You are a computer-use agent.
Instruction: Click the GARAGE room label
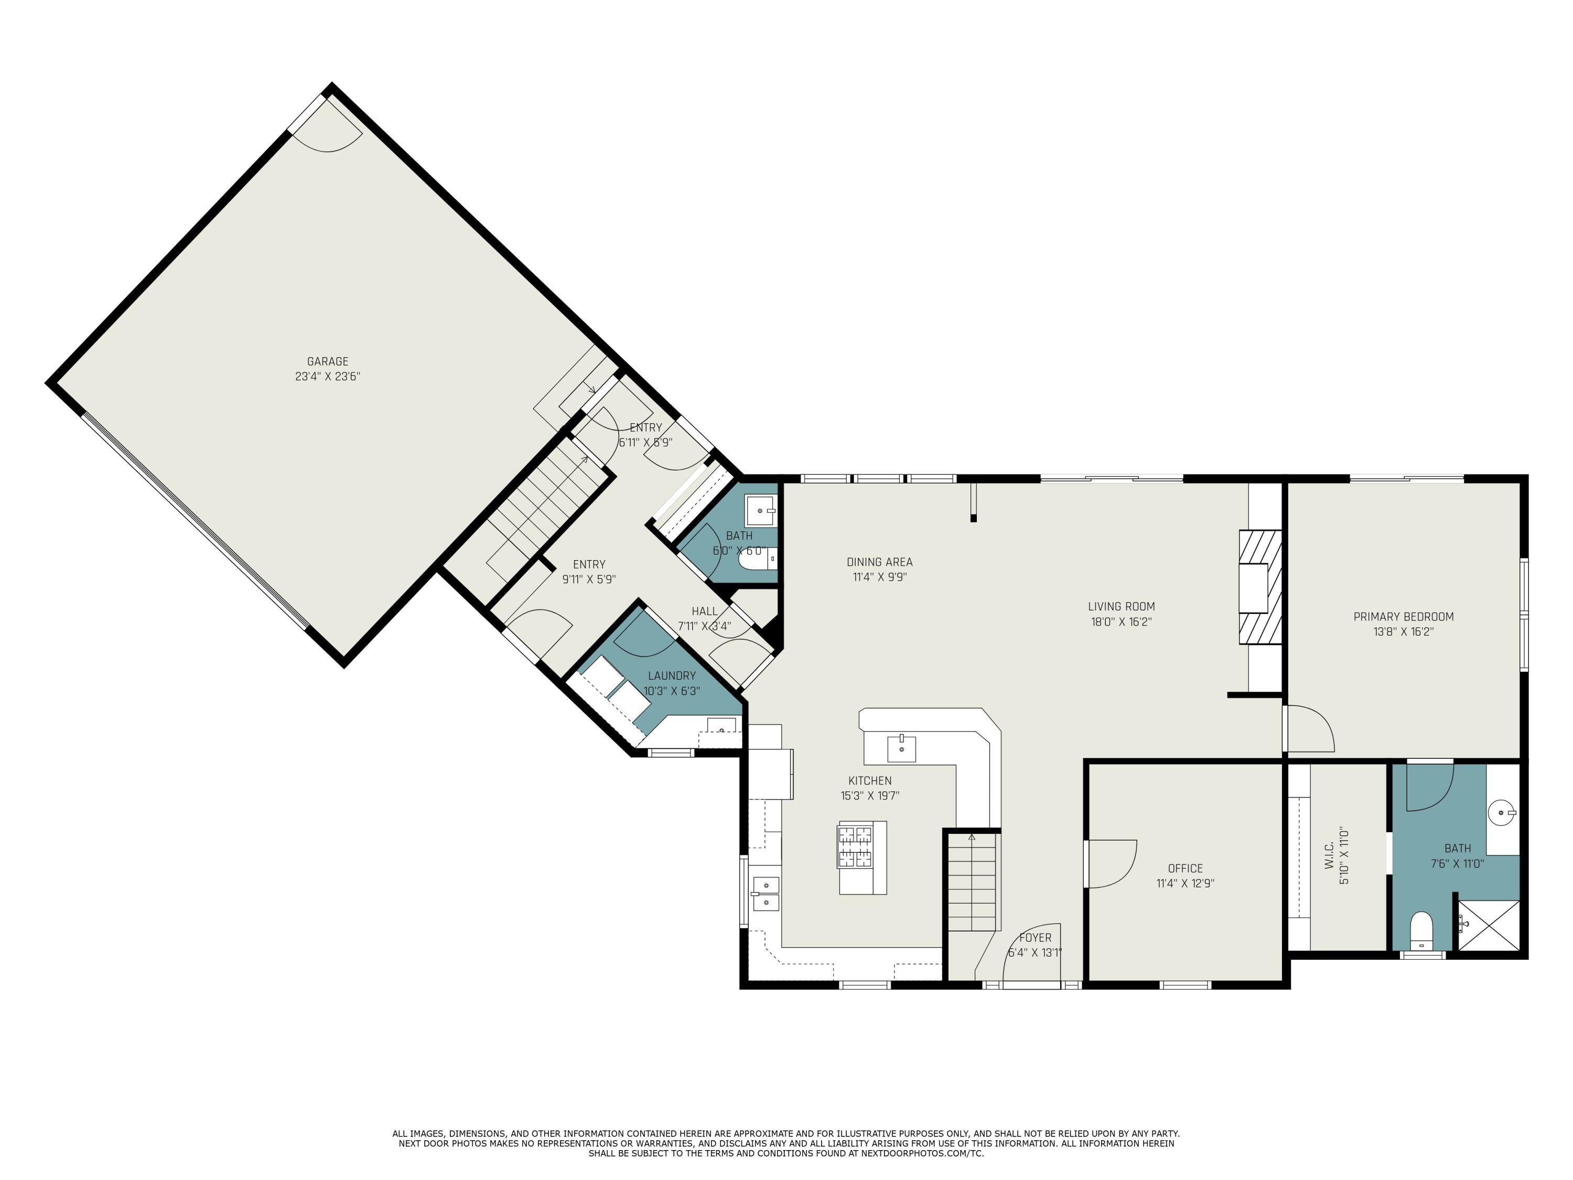(327, 361)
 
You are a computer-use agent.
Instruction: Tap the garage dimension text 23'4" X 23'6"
(328, 376)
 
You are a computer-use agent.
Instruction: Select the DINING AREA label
(880, 562)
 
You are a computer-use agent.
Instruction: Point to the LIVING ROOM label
(1122, 606)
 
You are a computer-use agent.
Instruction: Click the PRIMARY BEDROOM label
(1404, 617)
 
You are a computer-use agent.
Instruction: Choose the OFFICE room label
(1186, 868)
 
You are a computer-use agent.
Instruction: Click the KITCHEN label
(870, 780)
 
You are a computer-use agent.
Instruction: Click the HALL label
(705, 611)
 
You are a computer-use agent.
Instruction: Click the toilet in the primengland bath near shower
(1421, 930)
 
